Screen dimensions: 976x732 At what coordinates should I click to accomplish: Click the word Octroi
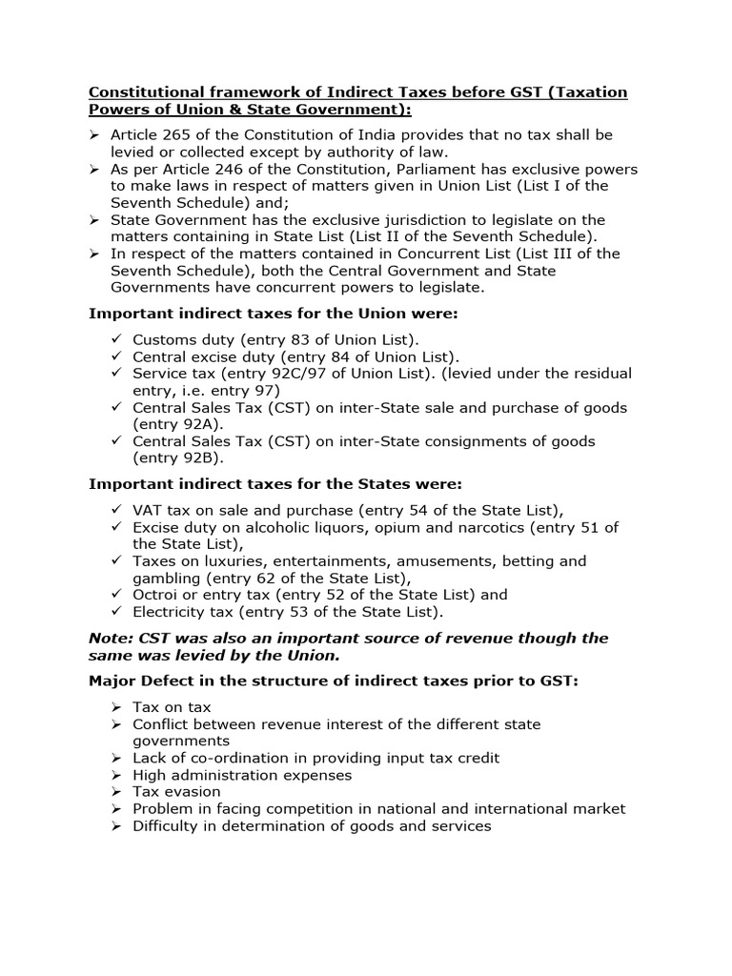coord(156,595)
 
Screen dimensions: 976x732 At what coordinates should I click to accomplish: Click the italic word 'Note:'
coord(112,638)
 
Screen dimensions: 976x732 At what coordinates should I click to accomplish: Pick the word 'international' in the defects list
coord(528,808)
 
